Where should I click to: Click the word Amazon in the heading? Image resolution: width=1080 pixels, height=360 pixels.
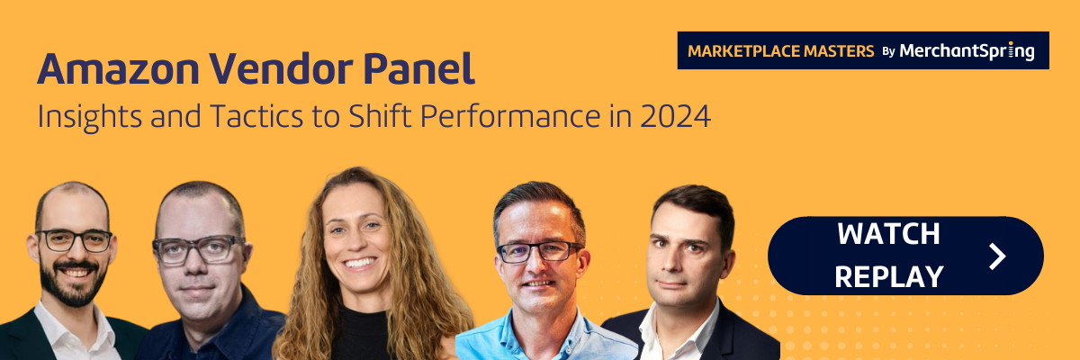pos(118,69)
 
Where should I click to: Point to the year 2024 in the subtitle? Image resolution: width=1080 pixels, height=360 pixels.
pos(676,117)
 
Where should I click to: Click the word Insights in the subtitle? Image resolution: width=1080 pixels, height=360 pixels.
pos(90,117)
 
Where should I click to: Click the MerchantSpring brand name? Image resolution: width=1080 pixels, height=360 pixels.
pos(967,51)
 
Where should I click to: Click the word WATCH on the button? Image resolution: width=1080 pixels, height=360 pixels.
pos(888,234)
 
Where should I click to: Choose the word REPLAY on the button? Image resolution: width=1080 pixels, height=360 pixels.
pos(888,276)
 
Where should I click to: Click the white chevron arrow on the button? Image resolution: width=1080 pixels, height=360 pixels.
pos(997,256)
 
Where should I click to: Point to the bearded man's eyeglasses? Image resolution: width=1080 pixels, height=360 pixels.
pos(74,240)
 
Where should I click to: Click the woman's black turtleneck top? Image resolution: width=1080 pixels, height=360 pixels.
pos(361,334)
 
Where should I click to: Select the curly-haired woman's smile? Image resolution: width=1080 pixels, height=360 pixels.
pos(359,263)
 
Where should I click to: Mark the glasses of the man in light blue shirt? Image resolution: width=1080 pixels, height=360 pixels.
pos(540,253)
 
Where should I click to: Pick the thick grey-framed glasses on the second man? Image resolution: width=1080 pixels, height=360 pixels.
pos(199,249)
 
